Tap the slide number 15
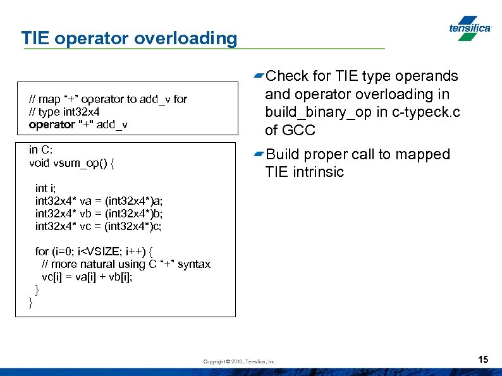click(x=483, y=360)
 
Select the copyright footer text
click(x=240, y=361)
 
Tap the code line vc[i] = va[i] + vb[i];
click(x=87, y=276)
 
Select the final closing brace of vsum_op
click(x=31, y=302)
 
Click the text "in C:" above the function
click(x=41, y=150)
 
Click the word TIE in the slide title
click(x=36, y=39)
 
